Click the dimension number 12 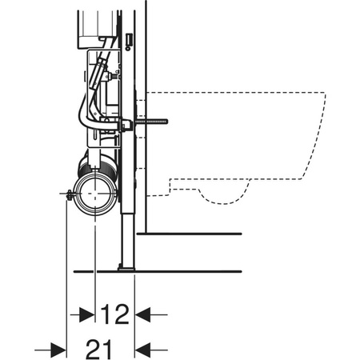114,315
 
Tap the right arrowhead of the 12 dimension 142,315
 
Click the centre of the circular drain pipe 95,194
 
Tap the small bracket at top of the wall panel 129,39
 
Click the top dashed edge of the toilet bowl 240,93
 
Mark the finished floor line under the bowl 192,233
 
